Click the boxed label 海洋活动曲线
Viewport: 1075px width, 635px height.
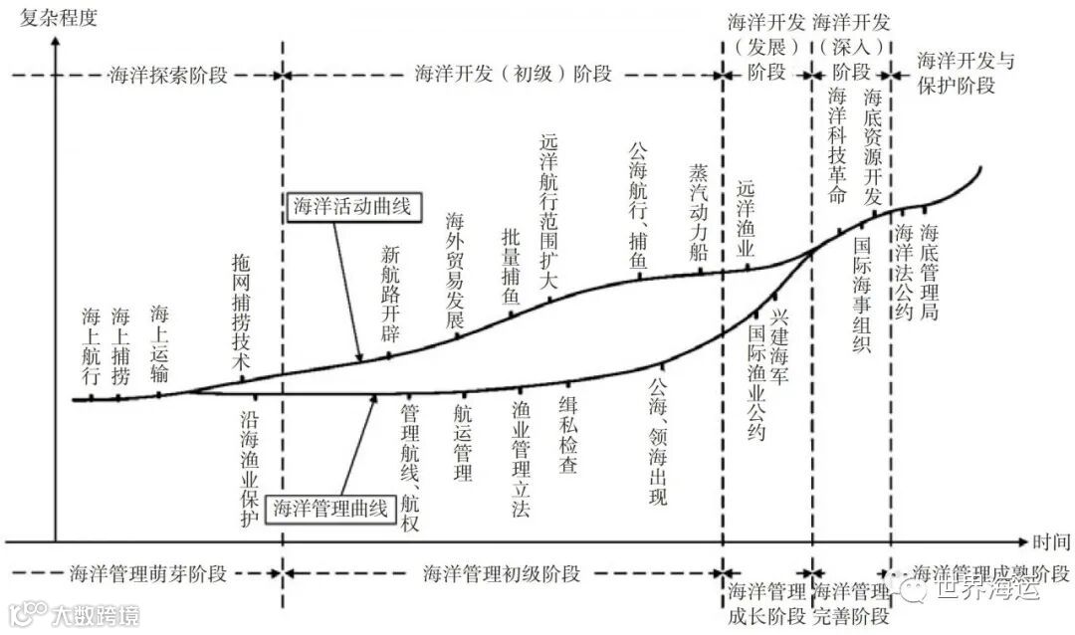pos(351,206)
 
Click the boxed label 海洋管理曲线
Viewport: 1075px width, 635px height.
pos(329,508)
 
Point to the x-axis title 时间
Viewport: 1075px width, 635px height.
pos(1051,542)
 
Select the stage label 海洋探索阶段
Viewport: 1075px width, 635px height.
pos(167,76)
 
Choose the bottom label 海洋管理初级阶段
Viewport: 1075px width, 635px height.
pos(502,574)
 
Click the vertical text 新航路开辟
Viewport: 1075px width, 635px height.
pos(390,294)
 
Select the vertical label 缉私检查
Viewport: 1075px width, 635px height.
pos(567,436)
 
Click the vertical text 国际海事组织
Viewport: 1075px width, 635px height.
pos(862,294)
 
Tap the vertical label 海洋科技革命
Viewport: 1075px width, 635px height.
pos(837,145)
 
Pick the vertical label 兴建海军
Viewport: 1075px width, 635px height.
pos(779,347)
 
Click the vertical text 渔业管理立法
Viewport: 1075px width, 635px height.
pos(521,459)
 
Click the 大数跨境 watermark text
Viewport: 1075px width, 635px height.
pos(97,614)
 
